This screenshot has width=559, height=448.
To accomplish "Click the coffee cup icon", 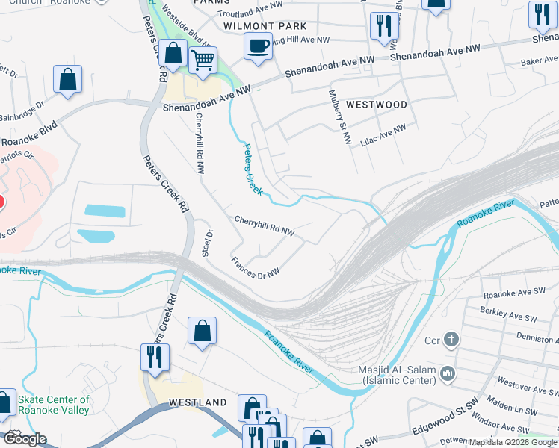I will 259,46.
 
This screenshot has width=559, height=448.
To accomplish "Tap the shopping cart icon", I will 203,60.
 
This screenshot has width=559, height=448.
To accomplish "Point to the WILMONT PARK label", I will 265,25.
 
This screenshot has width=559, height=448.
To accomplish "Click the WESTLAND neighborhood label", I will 197,402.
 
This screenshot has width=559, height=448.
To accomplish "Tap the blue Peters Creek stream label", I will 251,169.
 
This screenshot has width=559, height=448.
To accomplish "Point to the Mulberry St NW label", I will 341,117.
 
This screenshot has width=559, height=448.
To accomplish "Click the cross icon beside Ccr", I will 451,340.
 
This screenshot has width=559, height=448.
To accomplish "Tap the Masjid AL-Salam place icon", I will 447,372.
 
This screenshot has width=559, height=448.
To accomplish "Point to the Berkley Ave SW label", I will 510,318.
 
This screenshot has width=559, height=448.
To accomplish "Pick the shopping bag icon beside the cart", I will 173,55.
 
